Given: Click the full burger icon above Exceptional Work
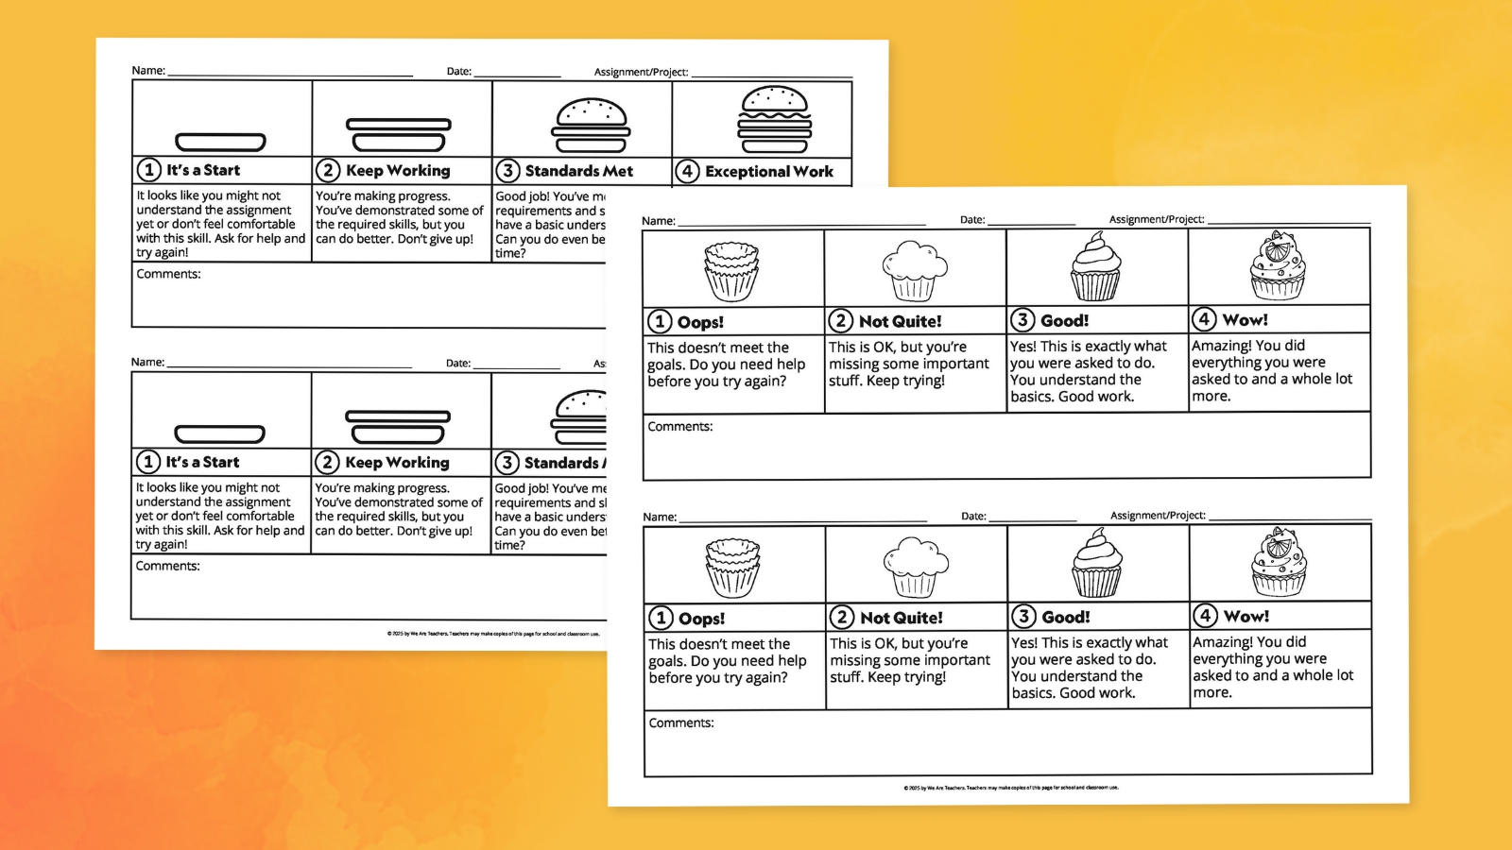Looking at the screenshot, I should [774, 119].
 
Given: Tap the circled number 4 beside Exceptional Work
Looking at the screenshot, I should [687, 171].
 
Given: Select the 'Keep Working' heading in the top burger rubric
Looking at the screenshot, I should [398, 170].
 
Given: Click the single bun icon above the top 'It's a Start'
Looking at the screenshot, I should [220, 143].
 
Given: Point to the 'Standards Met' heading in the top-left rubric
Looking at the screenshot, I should [578, 171].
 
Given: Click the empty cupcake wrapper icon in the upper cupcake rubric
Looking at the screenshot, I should [731, 271].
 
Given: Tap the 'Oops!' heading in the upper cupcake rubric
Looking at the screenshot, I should [700, 322].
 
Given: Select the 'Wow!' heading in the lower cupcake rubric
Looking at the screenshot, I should [1246, 617].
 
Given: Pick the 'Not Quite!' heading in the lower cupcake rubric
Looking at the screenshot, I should [901, 618].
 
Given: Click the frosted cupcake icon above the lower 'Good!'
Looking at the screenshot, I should [1096, 564].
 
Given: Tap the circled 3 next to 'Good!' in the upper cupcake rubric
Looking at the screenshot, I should [1022, 320].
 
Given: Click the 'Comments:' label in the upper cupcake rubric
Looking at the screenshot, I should [680, 427].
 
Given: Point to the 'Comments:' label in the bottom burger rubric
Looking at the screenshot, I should [167, 566].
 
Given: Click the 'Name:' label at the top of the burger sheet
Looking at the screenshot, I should [148, 71].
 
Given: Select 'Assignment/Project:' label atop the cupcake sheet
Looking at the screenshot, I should [1156, 219].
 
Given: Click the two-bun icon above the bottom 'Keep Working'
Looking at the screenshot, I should [398, 426].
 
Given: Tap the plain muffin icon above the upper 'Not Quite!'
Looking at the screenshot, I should [914, 271].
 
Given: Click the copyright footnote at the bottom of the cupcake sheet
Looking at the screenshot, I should [1010, 787].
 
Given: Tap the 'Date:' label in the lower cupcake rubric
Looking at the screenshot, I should [973, 517].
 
